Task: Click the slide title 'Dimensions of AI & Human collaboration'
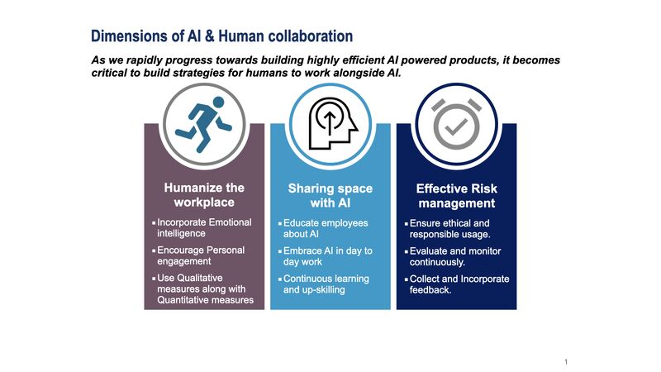[x=221, y=36]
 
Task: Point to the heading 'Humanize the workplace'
[x=204, y=195]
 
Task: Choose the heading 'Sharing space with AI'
[x=330, y=195]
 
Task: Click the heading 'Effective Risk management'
[x=456, y=195]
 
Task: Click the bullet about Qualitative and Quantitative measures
[x=204, y=289]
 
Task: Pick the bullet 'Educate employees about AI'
[x=326, y=228]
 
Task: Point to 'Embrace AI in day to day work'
[x=327, y=255]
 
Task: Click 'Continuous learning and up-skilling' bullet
[x=327, y=284]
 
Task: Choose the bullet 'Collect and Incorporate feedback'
[x=459, y=284]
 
